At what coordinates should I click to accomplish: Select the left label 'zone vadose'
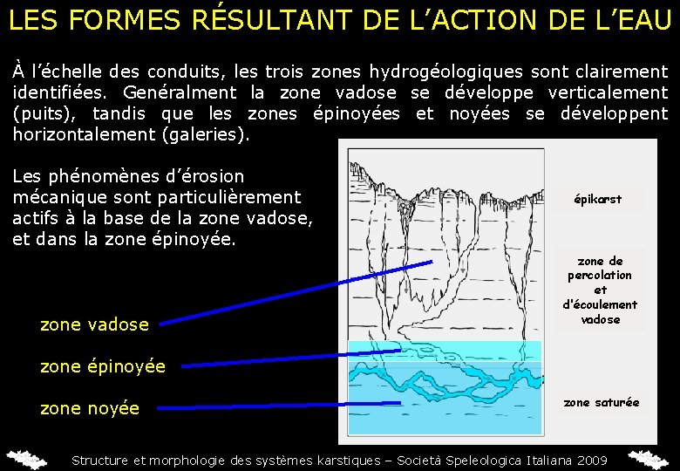(94, 324)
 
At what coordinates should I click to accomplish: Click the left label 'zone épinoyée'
(103, 366)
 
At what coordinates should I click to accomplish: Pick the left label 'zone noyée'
(90, 408)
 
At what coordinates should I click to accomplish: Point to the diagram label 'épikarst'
(598, 199)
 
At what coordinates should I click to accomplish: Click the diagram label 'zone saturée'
(602, 402)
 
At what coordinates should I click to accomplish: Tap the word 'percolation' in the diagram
(600, 275)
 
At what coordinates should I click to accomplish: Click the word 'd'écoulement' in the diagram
(600, 304)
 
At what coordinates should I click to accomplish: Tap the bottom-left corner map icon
(26, 459)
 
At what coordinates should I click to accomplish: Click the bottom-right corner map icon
(651, 459)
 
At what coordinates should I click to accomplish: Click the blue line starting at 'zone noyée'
(279, 405)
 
